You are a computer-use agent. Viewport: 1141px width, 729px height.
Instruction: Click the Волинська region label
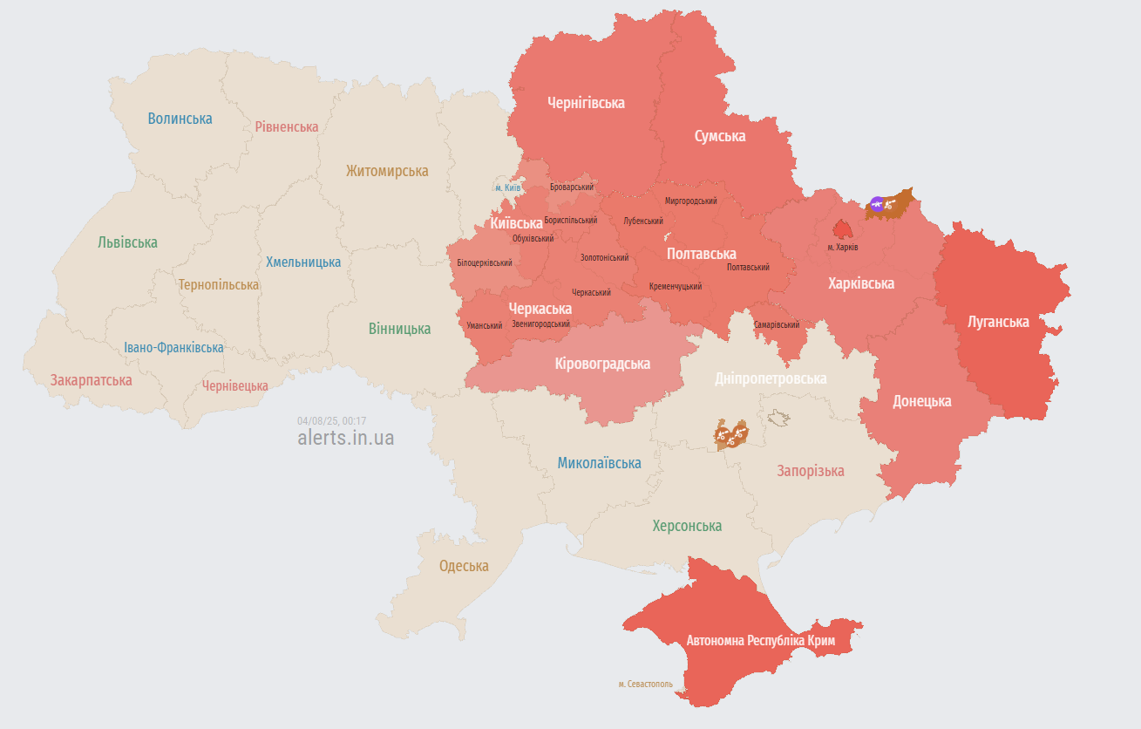180,119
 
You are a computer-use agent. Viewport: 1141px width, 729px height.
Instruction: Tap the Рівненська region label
287,126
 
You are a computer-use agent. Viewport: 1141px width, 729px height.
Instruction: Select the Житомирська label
387,171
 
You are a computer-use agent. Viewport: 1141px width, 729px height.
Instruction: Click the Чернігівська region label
586,103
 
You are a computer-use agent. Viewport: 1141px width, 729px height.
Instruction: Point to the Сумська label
719,136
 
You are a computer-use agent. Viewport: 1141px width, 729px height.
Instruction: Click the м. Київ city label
507,187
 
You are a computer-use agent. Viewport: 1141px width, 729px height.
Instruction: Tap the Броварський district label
572,187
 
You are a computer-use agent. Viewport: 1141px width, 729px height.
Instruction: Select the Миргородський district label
690,201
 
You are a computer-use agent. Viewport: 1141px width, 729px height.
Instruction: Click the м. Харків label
843,248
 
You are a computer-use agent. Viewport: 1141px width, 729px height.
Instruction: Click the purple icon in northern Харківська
877,204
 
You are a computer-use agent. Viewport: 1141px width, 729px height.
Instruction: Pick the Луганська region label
998,322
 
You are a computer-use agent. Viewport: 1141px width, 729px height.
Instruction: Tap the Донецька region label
921,401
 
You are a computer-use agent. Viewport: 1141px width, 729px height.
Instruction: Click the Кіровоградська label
602,364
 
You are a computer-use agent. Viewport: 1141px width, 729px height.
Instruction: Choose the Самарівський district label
777,325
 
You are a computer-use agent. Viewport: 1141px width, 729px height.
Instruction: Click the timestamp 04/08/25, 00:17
331,420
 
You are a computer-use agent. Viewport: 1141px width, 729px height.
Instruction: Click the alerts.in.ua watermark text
345,438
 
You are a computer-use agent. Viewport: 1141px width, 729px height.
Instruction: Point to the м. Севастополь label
645,685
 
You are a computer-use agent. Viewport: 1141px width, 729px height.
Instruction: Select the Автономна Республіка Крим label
760,641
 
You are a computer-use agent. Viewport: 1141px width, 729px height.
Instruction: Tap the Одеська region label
464,566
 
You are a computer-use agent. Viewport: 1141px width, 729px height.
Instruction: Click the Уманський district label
485,325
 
